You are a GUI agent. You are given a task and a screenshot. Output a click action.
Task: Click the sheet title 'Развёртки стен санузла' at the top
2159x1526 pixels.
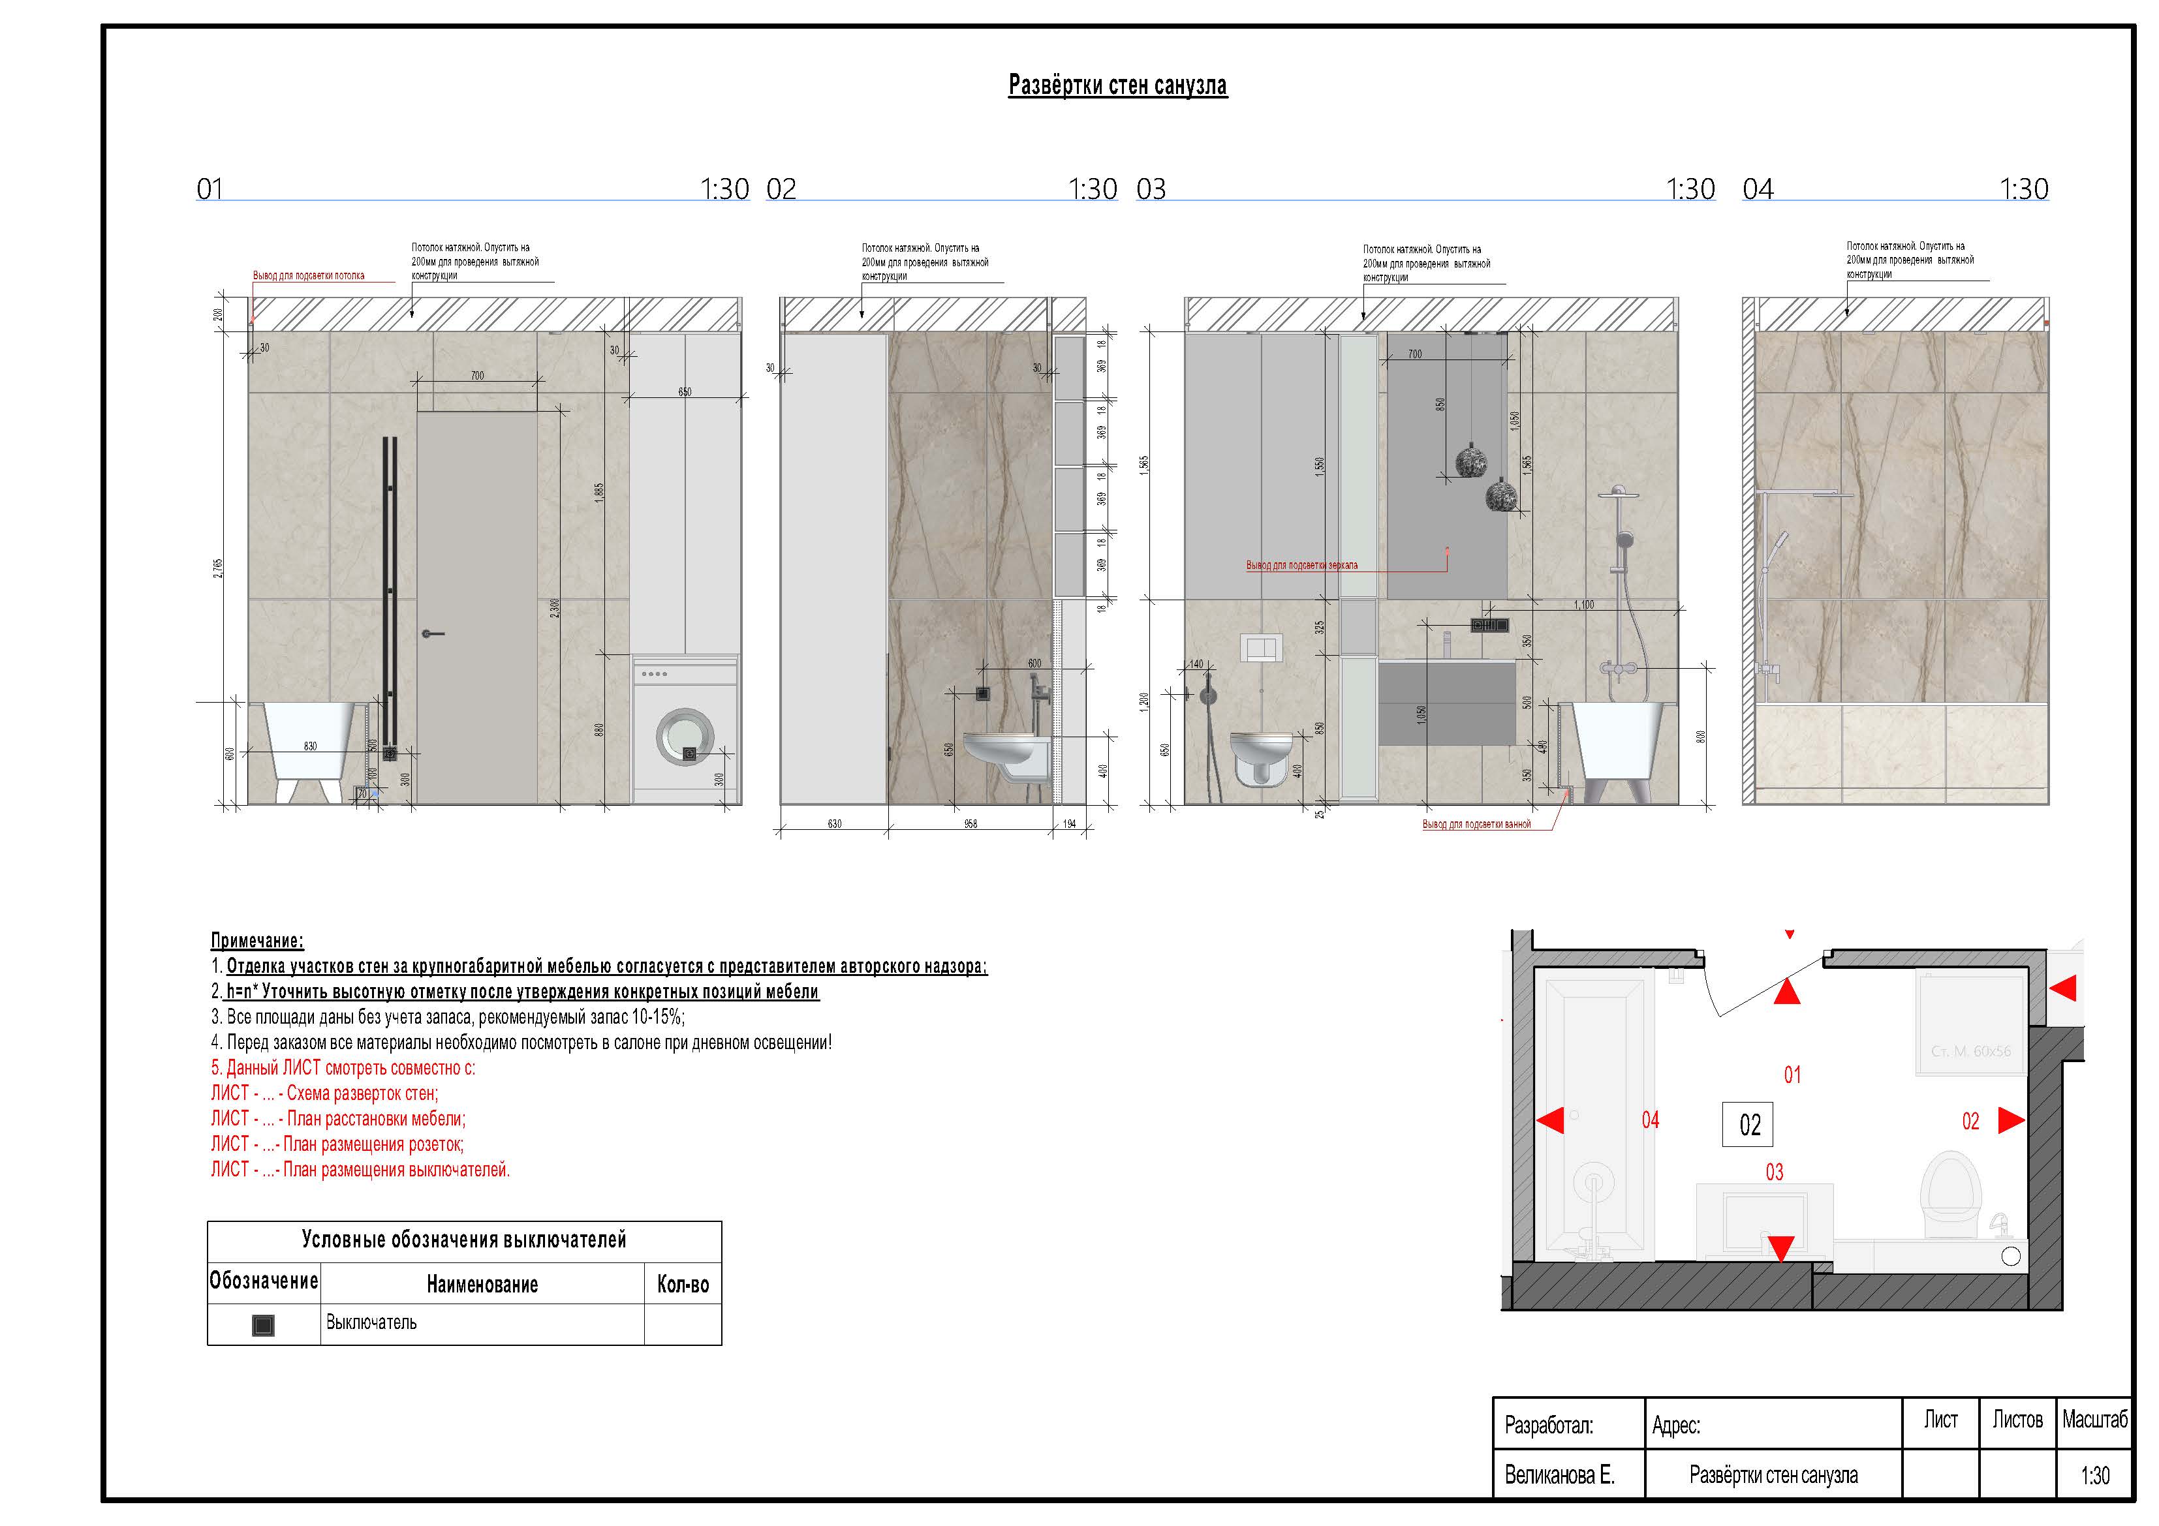coord(1117,85)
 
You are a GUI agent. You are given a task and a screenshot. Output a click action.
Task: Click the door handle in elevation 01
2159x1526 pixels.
coord(433,633)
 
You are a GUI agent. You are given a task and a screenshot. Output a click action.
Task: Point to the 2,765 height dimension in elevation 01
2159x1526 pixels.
coord(218,567)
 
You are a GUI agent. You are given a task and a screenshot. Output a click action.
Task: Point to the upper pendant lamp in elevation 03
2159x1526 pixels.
coord(1470,460)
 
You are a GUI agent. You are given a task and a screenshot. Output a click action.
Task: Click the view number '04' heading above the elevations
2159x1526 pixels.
coord(1758,190)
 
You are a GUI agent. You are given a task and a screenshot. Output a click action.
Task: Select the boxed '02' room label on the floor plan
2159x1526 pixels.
coord(1748,1125)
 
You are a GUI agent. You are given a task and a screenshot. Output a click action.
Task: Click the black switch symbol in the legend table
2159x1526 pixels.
coord(263,1325)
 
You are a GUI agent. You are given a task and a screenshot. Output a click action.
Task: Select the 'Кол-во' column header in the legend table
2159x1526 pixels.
coord(683,1285)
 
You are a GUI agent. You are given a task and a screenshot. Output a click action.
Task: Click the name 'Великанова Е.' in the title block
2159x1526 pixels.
coord(1559,1475)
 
